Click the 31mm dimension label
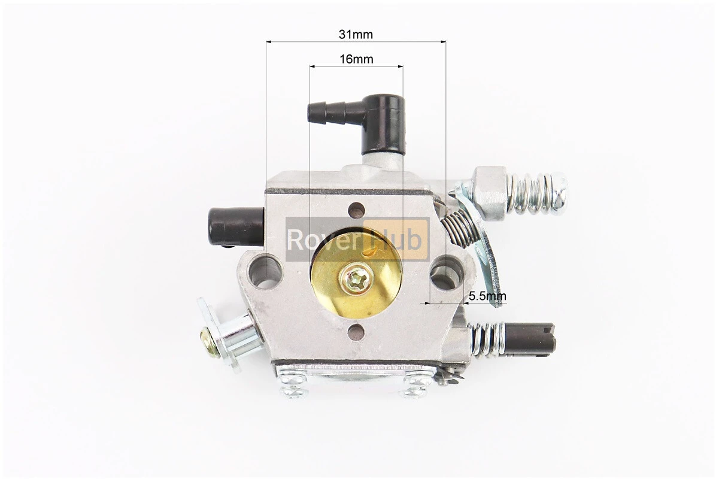[356, 34]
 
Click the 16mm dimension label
[356, 59]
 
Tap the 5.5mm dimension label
[488, 296]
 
